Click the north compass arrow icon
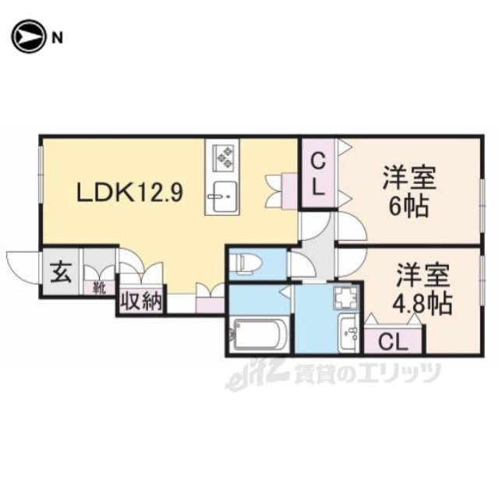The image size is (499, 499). (x=27, y=37)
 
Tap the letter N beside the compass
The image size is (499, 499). (x=57, y=38)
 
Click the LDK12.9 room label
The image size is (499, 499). (x=130, y=192)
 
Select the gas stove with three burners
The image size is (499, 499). (x=225, y=156)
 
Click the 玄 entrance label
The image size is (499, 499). (x=61, y=274)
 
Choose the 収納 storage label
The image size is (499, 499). (x=141, y=302)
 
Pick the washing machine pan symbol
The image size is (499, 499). (x=346, y=296)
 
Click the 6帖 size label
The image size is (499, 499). (x=409, y=206)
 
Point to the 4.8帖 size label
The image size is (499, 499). (x=422, y=303)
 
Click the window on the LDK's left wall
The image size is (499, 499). (x=41, y=174)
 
